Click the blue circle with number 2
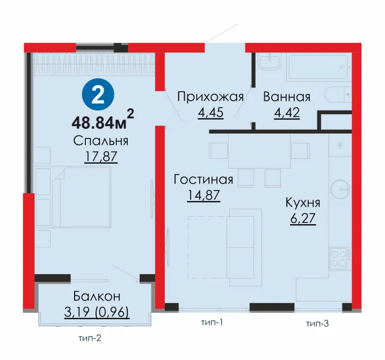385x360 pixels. click(98, 94)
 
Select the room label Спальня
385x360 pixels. click(100, 141)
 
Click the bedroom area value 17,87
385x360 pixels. click(101, 157)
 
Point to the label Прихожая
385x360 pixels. click(210, 97)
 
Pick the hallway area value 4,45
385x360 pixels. click(210, 113)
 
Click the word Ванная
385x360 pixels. click(287, 97)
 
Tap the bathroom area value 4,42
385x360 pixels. click(287, 113)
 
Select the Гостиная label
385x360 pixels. click(204, 179)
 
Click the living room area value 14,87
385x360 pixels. click(204, 195)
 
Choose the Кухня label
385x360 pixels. click(303, 203)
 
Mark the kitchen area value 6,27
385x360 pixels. click(303, 219)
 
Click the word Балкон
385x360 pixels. click(97, 297)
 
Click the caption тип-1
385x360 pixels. click(212, 322)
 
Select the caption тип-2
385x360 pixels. click(90, 338)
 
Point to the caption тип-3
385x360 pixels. click(317, 324)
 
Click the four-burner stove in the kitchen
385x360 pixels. click(339, 259)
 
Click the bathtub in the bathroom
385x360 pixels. click(318, 67)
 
